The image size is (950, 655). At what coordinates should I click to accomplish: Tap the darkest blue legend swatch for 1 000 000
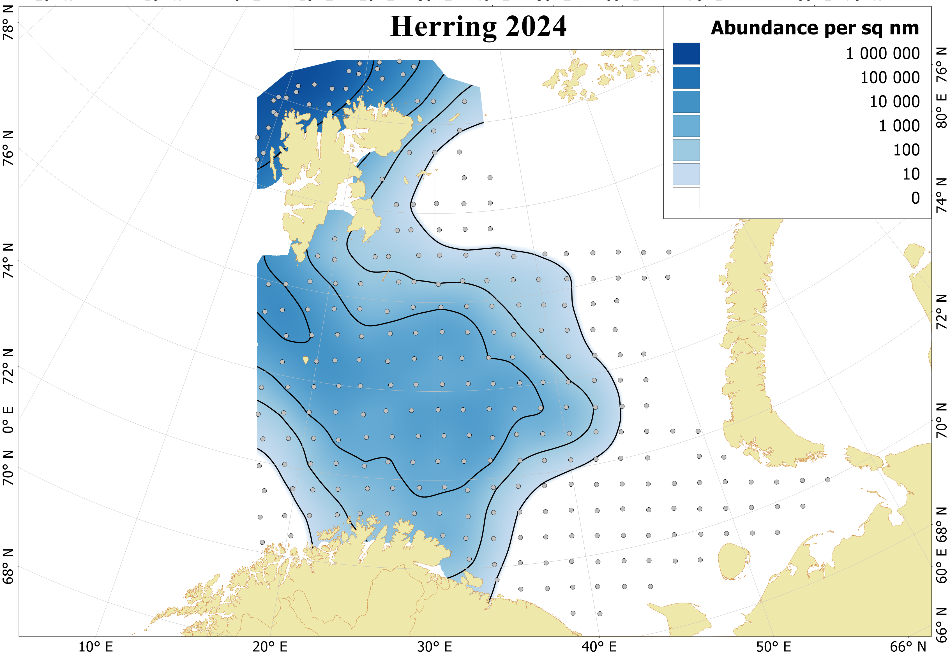686,54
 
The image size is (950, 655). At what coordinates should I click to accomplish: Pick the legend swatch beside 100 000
686,78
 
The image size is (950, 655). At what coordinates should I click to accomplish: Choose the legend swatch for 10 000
686,102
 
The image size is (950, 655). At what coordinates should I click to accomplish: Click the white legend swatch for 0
686,198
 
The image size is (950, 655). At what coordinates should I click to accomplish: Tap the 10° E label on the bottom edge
95,647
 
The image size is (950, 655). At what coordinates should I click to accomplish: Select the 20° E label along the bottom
270,647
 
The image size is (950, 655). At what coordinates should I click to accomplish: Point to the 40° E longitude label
599,647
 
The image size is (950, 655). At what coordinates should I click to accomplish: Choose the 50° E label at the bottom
773,647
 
